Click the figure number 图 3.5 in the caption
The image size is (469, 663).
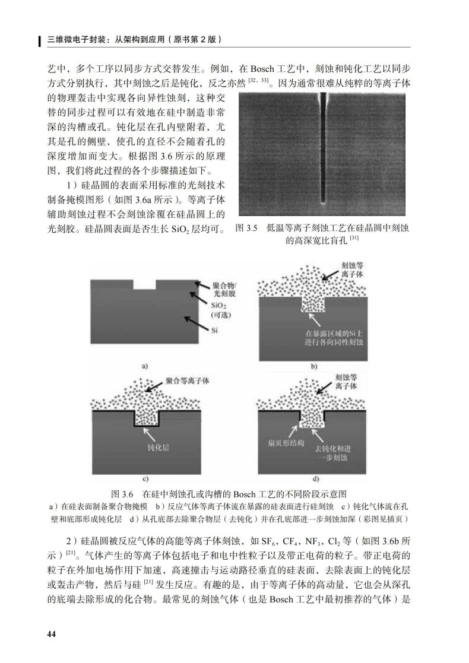246,228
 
